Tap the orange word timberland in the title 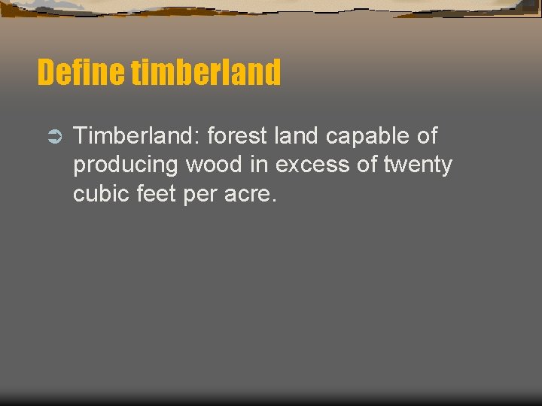[206, 73]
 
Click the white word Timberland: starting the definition [136, 136]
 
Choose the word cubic [102, 194]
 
